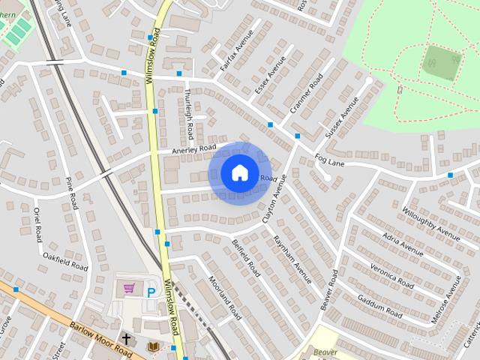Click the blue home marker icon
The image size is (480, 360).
tap(239, 172)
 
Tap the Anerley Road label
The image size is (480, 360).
tap(193, 149)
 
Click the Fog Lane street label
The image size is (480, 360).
tap(329, 160)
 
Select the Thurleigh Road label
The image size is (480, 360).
tap(189, 115)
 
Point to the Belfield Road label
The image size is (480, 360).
tap(245, 257)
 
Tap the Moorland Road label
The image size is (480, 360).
tap(225, 295)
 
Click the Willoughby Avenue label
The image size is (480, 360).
tap(430, 222)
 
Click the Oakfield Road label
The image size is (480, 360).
tap(65, 262)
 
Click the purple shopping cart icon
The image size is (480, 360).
tap(130, 288)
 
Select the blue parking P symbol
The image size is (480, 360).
tap(151, 292)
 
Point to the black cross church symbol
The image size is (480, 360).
tap(126, 339)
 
